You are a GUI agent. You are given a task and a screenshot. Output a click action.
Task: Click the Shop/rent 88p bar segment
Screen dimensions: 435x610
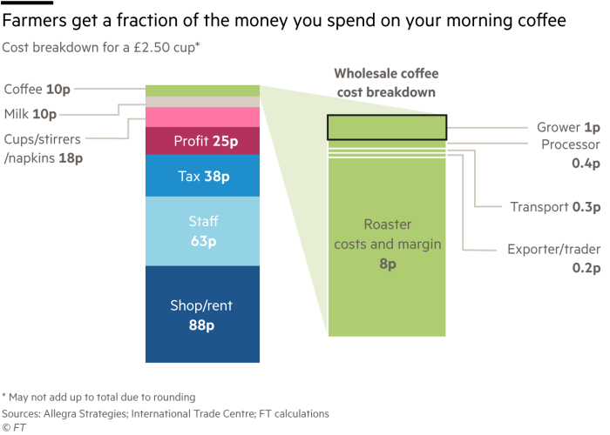202,314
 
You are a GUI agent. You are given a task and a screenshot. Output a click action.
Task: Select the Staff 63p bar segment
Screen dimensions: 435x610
202,231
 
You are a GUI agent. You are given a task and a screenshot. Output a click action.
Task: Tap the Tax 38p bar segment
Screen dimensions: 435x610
202,177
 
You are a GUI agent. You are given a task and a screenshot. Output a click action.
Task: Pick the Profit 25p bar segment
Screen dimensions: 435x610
202,140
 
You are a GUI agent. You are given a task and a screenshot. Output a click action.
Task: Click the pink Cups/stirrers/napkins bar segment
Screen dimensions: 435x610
202,117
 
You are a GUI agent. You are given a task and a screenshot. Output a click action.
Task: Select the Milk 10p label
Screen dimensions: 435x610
30,114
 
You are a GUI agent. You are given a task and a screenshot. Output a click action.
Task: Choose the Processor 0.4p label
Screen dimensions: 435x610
571,152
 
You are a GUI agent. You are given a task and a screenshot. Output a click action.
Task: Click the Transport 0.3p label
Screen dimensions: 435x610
555,207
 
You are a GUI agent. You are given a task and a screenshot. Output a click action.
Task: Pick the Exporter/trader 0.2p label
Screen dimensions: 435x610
554,258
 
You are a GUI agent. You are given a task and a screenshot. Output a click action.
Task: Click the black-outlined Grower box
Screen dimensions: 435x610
386,127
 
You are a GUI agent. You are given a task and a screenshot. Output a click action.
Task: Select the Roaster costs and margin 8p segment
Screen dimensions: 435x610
386,244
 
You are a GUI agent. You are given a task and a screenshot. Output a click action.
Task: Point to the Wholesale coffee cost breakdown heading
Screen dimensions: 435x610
385,84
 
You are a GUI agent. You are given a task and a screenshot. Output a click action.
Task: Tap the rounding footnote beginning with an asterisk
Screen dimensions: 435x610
98,397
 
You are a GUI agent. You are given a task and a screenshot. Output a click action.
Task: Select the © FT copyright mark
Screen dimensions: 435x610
12,426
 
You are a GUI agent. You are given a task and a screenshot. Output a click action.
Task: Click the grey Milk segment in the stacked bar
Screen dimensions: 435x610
202,102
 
